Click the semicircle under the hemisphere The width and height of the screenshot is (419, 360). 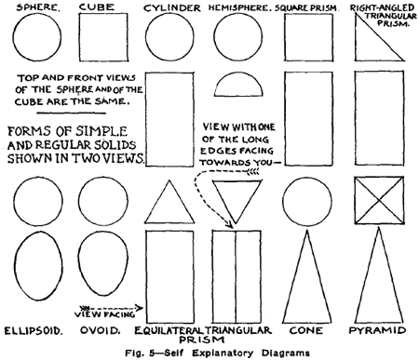click(238, 87)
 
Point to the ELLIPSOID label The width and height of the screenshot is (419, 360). click(34, 330)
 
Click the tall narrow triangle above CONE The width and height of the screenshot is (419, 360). click(308, 279)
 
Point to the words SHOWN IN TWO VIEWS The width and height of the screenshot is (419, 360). click(74, 158)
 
